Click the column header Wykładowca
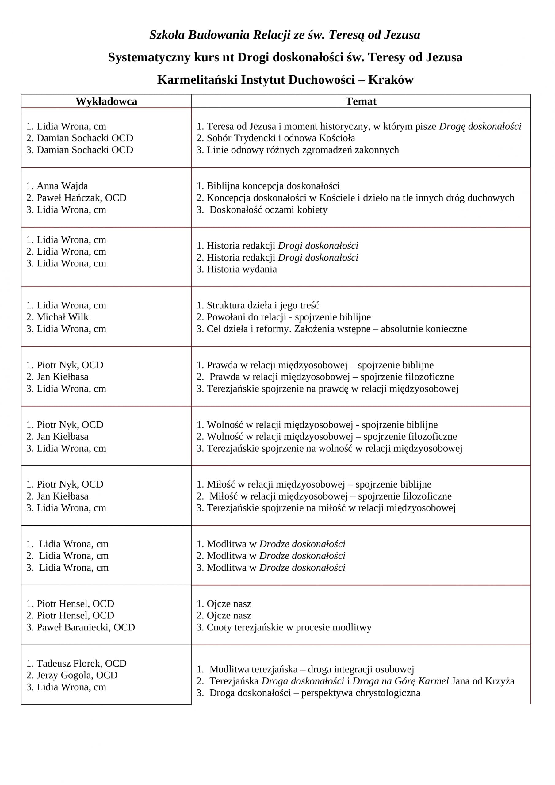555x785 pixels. click(106, 101)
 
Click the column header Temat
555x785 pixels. click(361, 101)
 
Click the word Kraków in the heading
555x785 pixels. click(391, 80)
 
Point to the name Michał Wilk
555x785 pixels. click(62, 317)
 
